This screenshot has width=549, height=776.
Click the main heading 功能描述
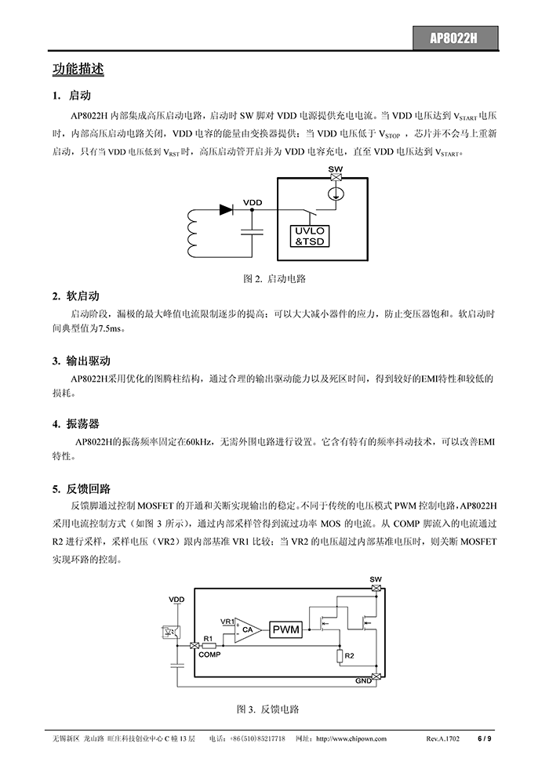pyautogui.click(x=78, y=69)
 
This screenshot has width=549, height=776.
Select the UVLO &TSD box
pyautogui.click(x=309, y=237)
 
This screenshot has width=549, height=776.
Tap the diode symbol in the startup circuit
pyautogui.click(x=226, y=210)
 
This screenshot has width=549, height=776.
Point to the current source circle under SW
pyautogui.click(x=336, y=194)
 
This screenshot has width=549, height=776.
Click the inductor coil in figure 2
pyautogui.click(x=193, y=233)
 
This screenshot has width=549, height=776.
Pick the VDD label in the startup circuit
pyautogui.click(x=253, y=202)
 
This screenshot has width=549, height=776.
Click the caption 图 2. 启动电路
pyautogui.click(x=274, y=278)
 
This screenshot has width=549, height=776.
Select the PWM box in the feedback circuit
pyautogui.click(x=286, y=629)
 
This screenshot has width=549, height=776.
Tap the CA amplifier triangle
pyautogui.click(x=245, y=630)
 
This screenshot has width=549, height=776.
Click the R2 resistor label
pyautogui.click(x=350, y=656)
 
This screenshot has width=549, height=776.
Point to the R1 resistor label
pyautogui.click(x=208, y=638)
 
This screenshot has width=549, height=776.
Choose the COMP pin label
pyautogui.click(x=209, y=655)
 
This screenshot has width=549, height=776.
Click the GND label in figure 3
pyautogui.click(x=363, y=681)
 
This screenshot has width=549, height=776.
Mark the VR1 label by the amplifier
pyautogui.click(x=227, y=622)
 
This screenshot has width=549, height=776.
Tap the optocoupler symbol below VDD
pyautogui.click(x=171, y=632)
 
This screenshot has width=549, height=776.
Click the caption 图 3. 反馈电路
pyautogui.click(x=267, y=709)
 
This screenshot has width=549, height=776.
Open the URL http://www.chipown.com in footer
pyautogui.click(x=351, y=739)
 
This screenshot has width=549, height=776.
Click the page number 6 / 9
pyautogui.click(x=484, y=739)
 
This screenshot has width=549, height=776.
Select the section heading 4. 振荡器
pyautogui.click(x=76, y=423)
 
